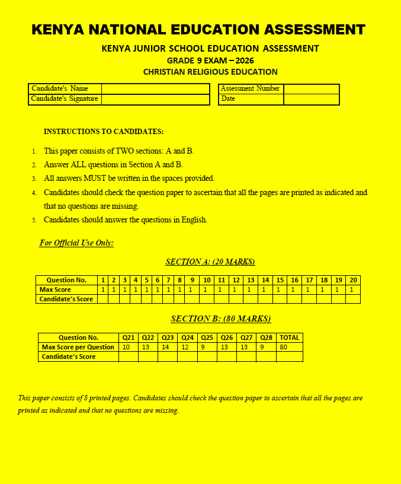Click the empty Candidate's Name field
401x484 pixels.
(155, 88)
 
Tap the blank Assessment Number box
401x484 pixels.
(311, 88)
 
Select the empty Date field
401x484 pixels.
(311, 99)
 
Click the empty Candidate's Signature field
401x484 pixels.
(155, 99)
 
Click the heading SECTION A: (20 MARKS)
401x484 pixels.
(210, 262)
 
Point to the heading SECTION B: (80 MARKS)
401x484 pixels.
(221, 319)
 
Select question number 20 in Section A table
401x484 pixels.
(353, 280)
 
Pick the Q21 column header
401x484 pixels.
(128, 337)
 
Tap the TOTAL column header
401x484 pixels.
(289, 337)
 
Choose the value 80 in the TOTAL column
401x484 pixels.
(284, 347)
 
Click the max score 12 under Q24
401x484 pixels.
(185, 347)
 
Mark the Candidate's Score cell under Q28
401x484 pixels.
(266, 356)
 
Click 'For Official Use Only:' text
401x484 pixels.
(76, 243)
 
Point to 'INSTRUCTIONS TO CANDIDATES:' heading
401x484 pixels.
(104, 131)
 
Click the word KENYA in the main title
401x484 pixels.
(57, 30)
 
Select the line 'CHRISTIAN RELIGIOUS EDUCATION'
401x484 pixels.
(210, 72)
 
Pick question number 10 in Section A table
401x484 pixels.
(207, 280)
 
